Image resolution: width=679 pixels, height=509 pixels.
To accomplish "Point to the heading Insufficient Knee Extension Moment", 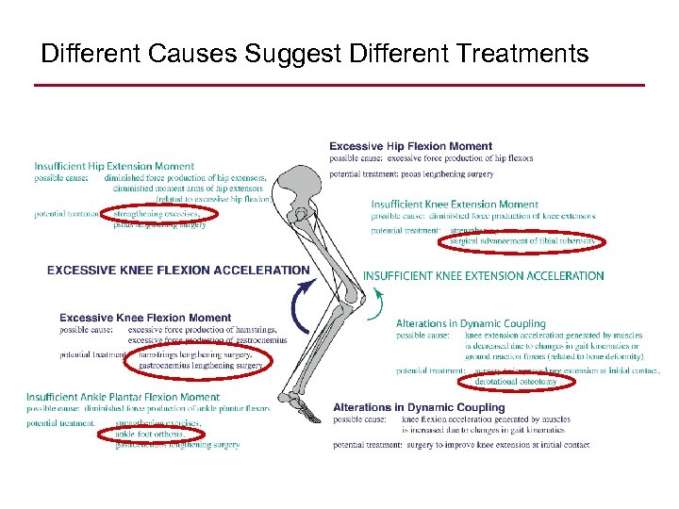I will pyautogui.click(x=455, y=205).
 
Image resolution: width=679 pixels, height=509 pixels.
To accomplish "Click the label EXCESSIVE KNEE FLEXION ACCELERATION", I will pyautogui.click(x=178, y=271).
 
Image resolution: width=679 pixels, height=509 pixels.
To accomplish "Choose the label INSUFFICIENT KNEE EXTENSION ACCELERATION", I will pyautogui.click(x=483, y=276).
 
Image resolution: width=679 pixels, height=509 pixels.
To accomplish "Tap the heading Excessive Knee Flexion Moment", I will pyautogui.click(x=145, y=318).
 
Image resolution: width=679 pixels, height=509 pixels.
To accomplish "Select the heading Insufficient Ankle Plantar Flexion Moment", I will pyautogui.click(x=123, y=398).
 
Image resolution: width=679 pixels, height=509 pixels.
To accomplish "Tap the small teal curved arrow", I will pyautogui.click(x=377, y=304).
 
